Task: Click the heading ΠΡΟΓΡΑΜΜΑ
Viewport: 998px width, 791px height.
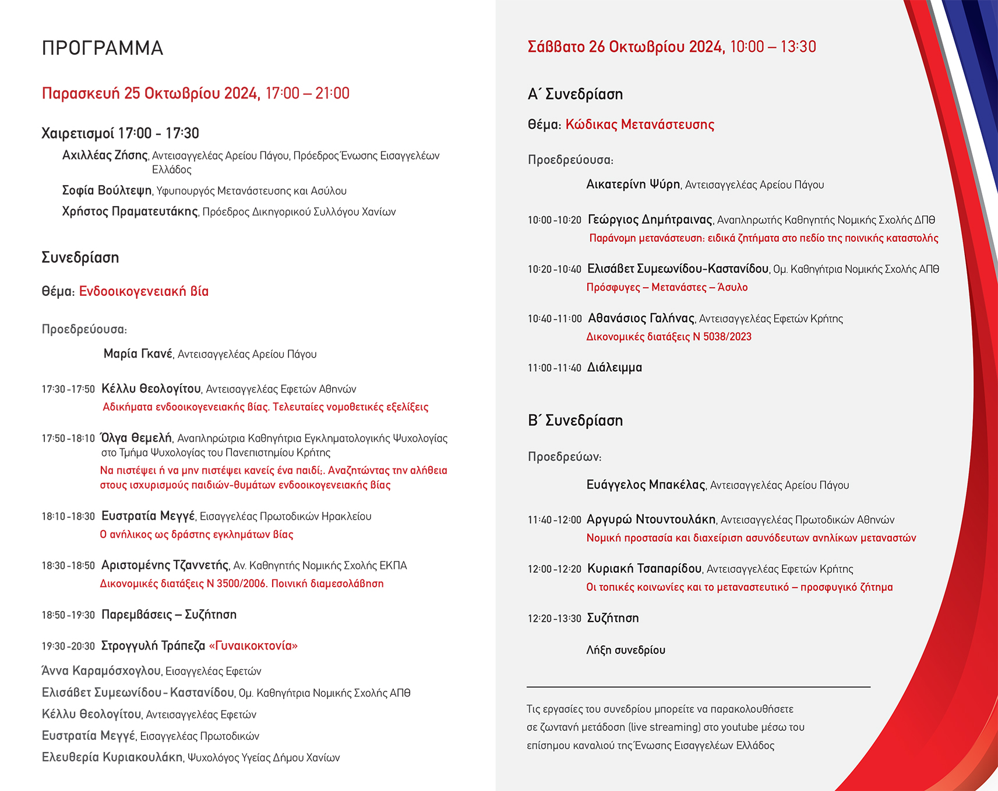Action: [103, 48]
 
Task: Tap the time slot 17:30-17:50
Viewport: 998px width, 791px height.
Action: [68, 389]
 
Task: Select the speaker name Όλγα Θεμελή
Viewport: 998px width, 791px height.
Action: [137, 438]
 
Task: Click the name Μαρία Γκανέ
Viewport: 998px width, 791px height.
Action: [138, 354]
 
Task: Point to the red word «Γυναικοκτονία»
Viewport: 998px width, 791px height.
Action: [253, 645]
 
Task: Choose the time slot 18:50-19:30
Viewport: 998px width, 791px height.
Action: [68, 615]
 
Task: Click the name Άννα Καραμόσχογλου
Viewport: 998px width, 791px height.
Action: [101, 671]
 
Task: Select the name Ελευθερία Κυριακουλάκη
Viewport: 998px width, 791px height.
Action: [112, 757]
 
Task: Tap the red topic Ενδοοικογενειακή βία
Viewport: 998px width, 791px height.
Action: [144, 291]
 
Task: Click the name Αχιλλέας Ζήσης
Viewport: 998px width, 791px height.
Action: [105, 156]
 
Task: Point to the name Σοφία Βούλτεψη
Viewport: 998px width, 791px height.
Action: [107, 190]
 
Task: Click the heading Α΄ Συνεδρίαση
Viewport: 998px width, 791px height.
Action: [575, 94]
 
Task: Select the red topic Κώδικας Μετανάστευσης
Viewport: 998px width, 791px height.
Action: [640, 125]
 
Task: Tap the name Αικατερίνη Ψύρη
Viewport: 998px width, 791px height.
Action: [633, 185]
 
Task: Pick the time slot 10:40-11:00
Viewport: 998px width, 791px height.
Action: [554, 319]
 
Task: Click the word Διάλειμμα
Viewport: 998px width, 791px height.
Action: [614, 368]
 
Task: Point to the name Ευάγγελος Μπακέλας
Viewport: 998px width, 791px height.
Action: [646, 485]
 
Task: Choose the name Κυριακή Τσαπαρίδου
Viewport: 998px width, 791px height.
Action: [644, 568]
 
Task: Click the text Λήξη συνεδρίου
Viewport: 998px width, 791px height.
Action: [625, 650]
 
